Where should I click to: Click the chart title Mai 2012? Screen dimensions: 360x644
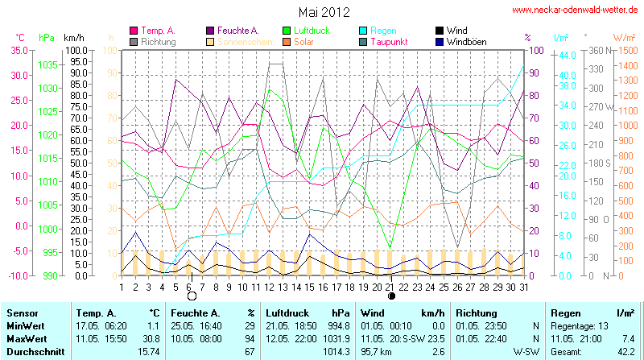click(x=324, y=12)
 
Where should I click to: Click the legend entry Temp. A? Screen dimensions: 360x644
click(x=159, y=31)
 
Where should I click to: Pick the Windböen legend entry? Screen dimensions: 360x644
click(x=465, y=41)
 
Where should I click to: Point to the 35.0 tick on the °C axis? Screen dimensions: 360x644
click(x=19, y=50)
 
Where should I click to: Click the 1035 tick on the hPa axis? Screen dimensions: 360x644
click(x=47, y=64)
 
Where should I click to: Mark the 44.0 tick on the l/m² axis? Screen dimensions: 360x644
click(x=566, y=55)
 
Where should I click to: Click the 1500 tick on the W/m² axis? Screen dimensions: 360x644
click(x=625, y=50)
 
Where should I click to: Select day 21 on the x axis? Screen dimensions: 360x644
click(x=390, y=286)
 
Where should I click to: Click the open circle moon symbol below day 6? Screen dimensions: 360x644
click(x=192, y=296)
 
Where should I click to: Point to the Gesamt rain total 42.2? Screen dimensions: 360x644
click(x=625, y=352)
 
